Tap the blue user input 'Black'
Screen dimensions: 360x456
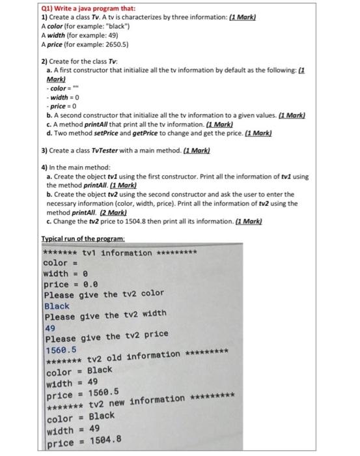point(57,306)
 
